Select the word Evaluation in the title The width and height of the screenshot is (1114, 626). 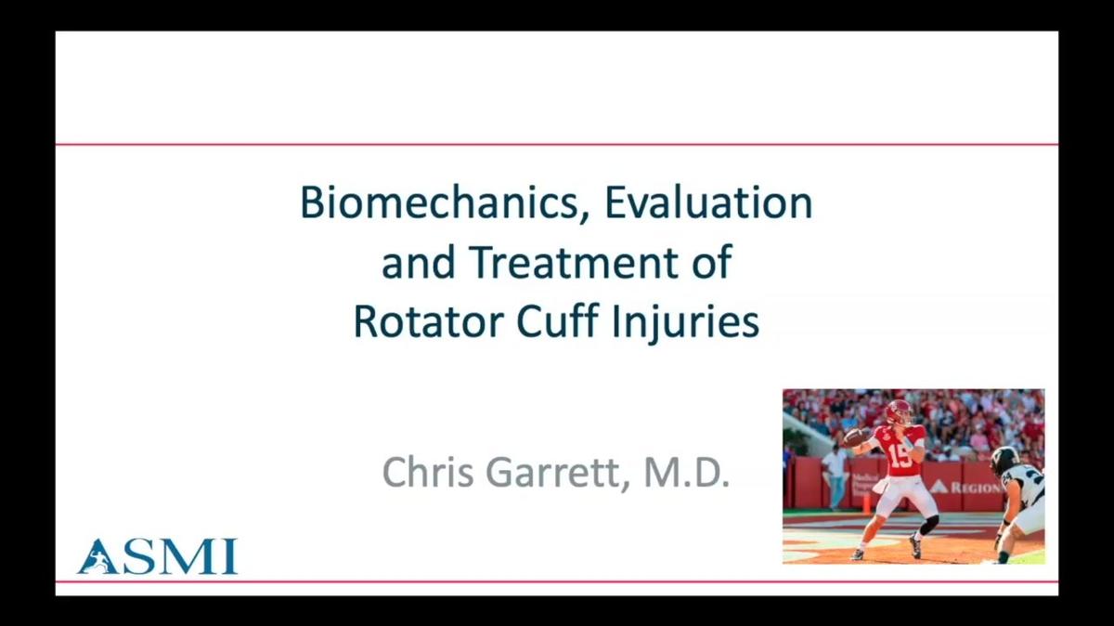(x=708, y=203)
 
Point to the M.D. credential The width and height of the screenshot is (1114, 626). (x=687, y=473)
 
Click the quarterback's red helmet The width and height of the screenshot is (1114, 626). (x=899, y=412)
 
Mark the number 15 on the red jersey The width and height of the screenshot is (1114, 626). (x=900, y=455)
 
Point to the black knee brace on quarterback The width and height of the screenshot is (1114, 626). (x=929, y=525)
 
